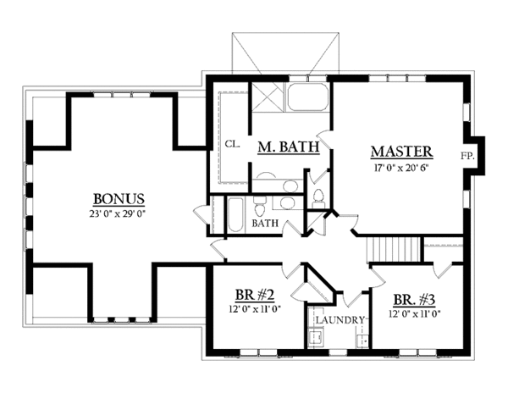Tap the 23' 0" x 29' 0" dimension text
(x=118, y=213)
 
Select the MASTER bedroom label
(x=402, y=152)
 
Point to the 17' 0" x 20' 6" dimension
(x=402, y=168)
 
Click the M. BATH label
(x=287, y=147)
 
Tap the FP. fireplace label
(x=467, y=157)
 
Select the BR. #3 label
(x=414, y=300)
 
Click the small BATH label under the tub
(x=265, y=224)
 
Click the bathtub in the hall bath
(x=236, y=213)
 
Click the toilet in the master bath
(x=318, y=196)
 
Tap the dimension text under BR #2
(x=253, y=310)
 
